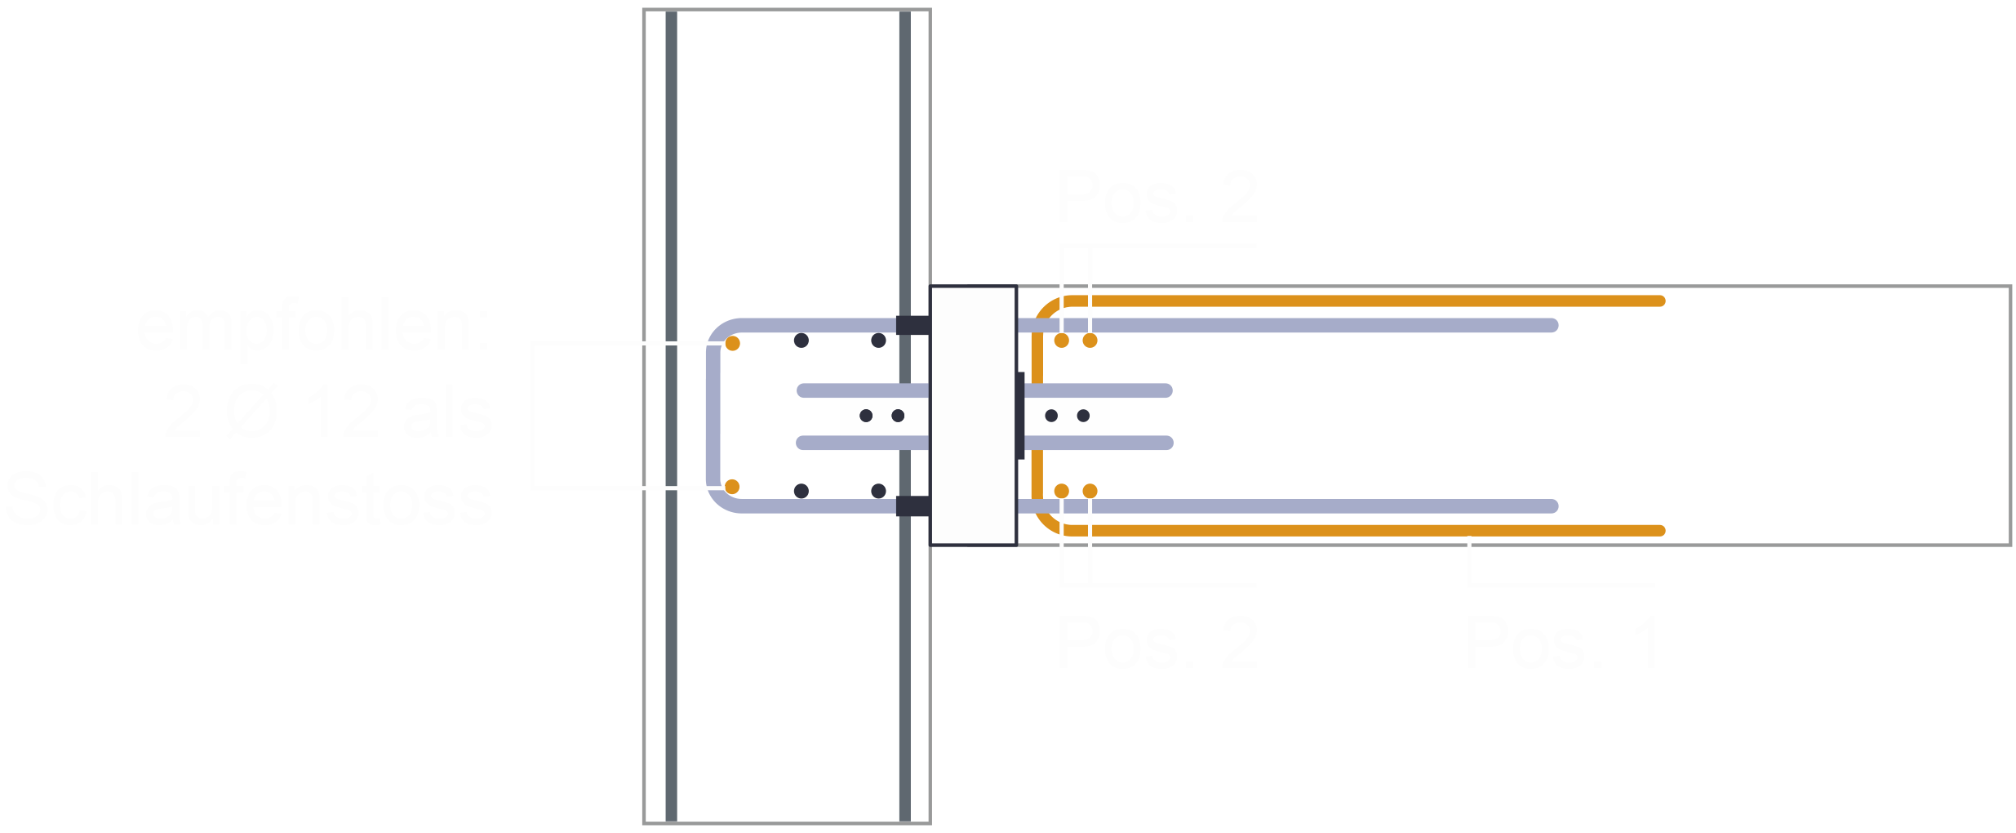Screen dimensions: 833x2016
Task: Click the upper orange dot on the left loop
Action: (732, 344)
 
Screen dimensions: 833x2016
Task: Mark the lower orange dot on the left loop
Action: (732, 487)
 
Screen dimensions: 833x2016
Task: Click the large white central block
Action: (973, 415)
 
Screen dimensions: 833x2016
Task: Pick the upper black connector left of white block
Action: (913, 325)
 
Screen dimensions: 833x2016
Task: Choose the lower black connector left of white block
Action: (913, 506)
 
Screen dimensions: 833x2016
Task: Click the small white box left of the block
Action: (883, 416)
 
